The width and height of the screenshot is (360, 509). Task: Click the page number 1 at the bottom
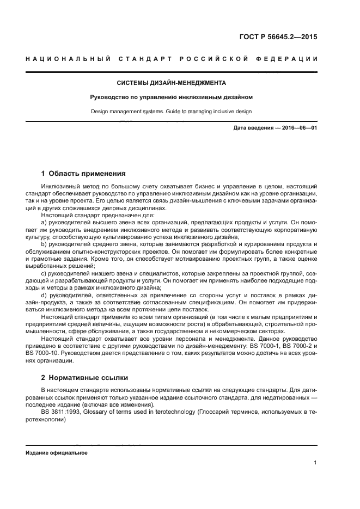pos(315,463)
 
